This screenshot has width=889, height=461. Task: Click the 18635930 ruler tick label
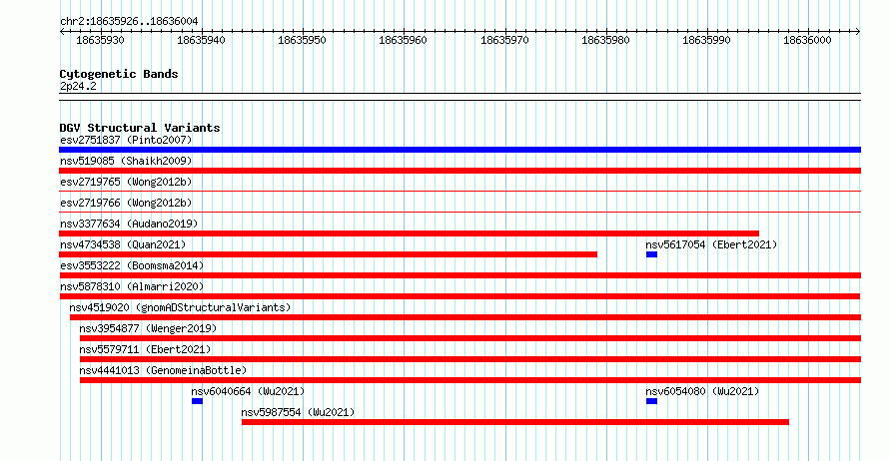tap(100, 40)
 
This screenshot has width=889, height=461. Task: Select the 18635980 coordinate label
tap(605, 40)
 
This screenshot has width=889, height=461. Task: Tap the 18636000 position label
tap(807, 40)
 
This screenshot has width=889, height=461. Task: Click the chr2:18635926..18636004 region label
tap(129, 22)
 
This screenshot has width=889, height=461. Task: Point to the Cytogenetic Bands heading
tap(119, 74)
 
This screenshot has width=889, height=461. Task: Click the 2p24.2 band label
tap(78, 86)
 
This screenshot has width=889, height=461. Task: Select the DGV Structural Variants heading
tap(140, 128)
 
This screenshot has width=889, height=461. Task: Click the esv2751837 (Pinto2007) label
tap(126, 140)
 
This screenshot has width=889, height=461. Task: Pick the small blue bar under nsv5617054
tap(651, 254)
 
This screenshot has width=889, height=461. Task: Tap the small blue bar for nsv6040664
tap(197, 401)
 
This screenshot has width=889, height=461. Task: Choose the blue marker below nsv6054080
tap(651, 401)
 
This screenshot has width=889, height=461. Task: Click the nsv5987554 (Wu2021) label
tap(299, 412)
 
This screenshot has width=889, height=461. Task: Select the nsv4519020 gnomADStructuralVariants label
tap(180, 307)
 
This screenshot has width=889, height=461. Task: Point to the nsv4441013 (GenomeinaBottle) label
tap(163, 370)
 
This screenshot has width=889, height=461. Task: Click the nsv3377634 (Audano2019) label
tap(129, 224)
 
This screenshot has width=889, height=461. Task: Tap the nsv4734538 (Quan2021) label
tap(123, 244)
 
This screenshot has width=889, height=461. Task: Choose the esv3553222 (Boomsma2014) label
tap(132, 265)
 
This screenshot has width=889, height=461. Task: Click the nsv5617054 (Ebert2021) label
tap(711, 244)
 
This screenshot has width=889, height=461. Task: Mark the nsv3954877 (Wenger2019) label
tap(148, 328)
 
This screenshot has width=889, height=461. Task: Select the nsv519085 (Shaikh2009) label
tap(126, 161)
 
